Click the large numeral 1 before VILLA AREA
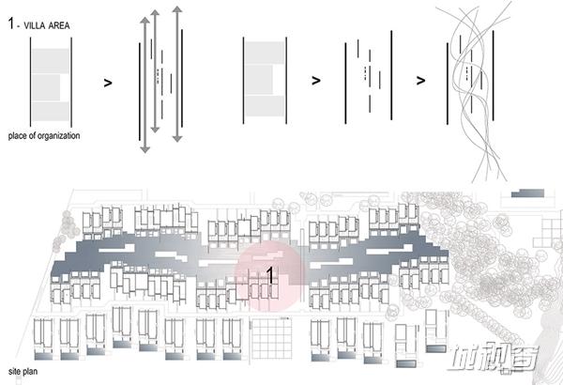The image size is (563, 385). pos(11,23)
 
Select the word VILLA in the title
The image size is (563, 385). pos(35,25)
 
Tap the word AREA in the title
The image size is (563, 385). pos(59,25)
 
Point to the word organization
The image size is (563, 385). pos(58,136)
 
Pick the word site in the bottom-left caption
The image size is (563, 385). pos(14,371)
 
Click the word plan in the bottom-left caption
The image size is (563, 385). pos(30,372)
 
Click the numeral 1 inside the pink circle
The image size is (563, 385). pos(270,275)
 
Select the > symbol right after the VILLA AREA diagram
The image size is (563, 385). pos(108,83)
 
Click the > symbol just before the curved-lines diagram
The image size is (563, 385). pos(420,80)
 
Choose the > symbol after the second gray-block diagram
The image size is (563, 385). pos(316,81)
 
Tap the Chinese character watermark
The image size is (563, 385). pos(493,358)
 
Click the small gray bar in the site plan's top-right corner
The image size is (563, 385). pos(527,193)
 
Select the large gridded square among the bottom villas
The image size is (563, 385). pos(271,339)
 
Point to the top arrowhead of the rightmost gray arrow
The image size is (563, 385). pos(177,9)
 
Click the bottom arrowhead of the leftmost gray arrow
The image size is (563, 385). pos(145,148)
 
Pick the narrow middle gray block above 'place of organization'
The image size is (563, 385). pos(46,87)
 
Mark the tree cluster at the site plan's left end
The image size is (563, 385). pos(66,231)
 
